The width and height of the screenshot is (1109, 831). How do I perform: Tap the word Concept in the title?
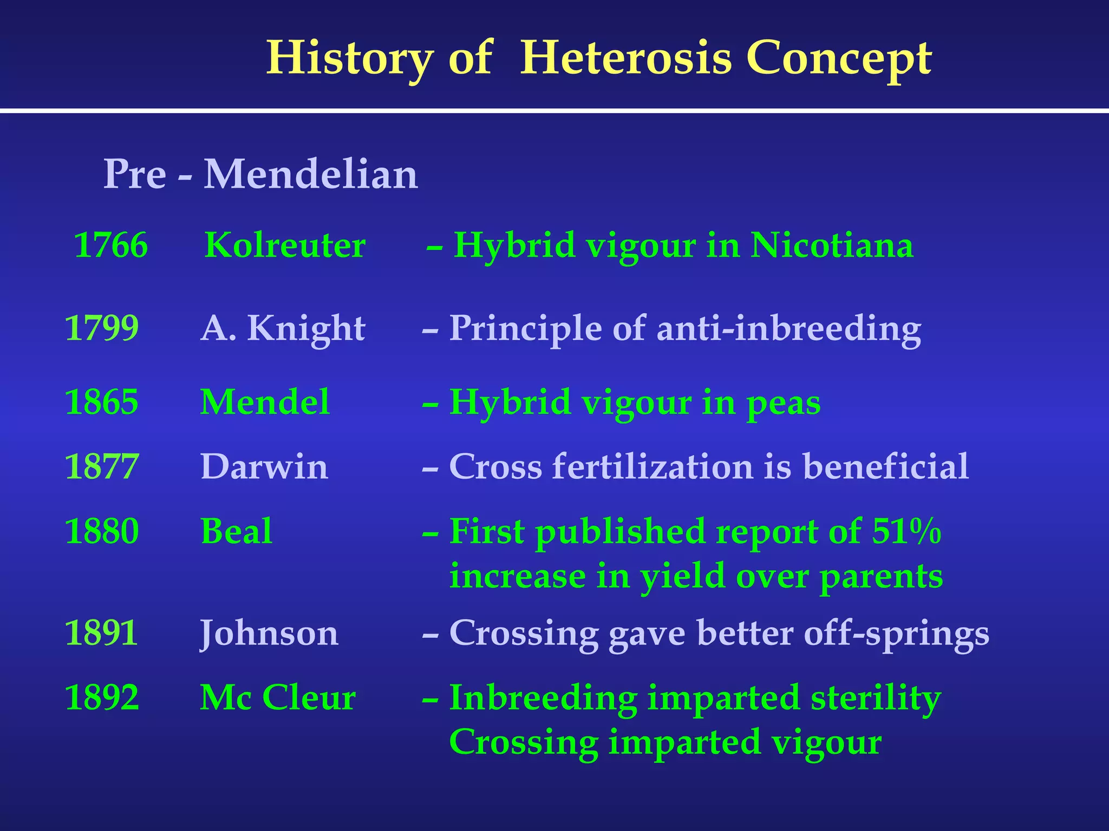coord(839,58)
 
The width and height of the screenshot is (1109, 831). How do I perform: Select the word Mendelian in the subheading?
coord(310,174)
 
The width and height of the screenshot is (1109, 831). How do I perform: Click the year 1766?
coord(110,245)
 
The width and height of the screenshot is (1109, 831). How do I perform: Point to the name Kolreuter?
coord(285,245)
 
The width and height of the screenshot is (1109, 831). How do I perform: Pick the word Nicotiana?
coord(832,245)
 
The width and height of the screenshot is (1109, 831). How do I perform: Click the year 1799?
coord(101,328)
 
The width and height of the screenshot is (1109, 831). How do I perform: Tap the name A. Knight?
coord(283,328)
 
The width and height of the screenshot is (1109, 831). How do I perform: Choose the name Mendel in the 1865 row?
coord(265,402)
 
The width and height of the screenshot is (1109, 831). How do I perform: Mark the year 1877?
coord(101,466)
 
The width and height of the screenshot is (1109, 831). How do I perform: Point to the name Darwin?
coord(264,466)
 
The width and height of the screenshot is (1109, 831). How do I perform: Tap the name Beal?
coord(237,531)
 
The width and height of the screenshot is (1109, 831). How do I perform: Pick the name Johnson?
coord(269,632)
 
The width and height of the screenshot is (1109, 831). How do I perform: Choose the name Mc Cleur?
coord(278,697)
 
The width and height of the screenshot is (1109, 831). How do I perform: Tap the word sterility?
coord(876,697)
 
